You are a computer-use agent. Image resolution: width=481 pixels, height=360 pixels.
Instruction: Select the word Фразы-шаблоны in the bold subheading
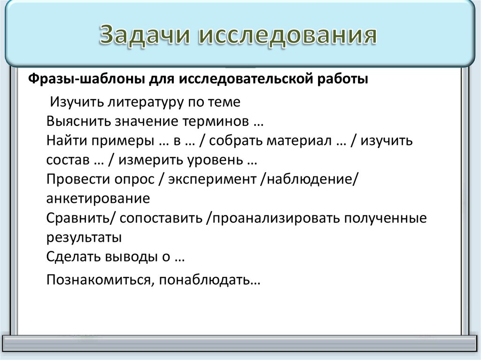click(x=74, y=78)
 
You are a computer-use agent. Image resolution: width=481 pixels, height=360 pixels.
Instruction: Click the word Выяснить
click(x=78, y=121)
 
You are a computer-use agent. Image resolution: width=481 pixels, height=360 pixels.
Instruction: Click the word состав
click(x=68, y=160)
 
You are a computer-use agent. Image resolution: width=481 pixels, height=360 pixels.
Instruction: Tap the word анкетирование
click(x=98, y=199)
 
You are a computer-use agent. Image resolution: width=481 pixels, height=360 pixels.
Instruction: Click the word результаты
click(x=84, y=237)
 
